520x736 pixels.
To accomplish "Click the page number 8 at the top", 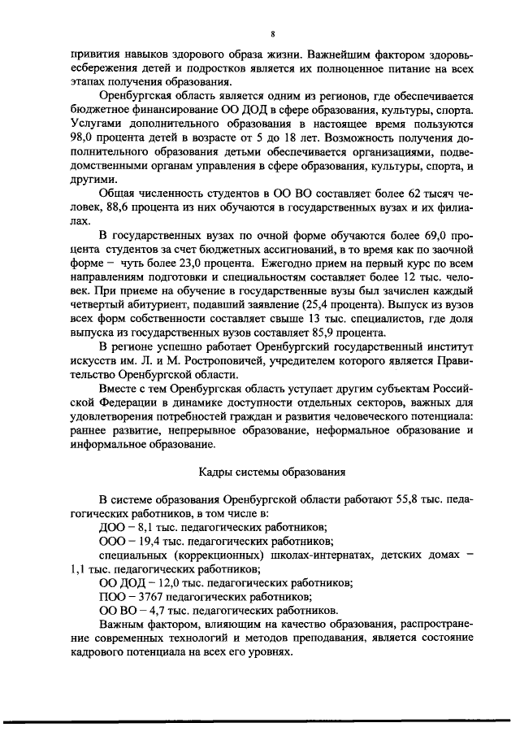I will (x=274, y=33).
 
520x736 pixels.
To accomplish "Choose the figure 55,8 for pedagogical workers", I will (x=388, y=498).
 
